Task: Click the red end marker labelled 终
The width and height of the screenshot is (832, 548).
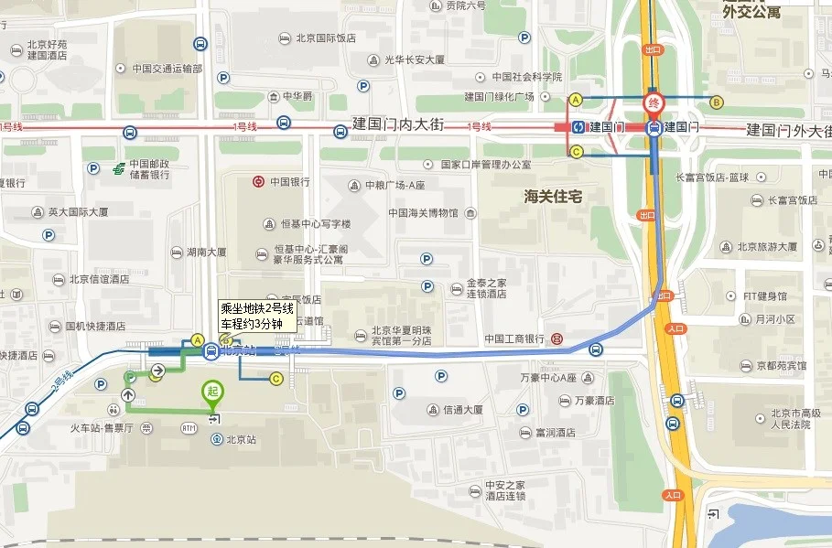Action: pos(654,102)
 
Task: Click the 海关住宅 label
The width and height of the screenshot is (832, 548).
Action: pos(554,196)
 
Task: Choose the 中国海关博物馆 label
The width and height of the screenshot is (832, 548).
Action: pos(422,214)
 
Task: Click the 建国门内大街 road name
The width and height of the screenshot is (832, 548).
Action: pos(398,124)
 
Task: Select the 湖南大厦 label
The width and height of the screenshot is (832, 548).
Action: pos(206,253)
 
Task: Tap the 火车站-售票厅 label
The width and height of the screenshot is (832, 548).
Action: pos(102,427)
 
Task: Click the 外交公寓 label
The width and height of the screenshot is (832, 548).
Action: pos(751,12)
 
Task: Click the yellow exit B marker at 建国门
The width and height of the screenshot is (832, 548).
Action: pos(717,102)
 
